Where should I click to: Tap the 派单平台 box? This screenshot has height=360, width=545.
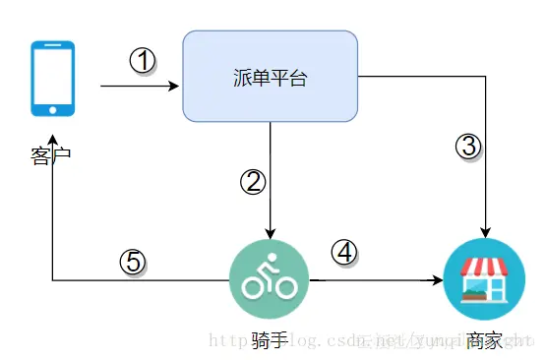pos(270,76)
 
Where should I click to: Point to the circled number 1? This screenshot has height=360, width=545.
pos(144,61)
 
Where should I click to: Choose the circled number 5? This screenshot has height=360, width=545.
pos(134,262)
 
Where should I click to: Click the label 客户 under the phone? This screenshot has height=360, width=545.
pos(51,154)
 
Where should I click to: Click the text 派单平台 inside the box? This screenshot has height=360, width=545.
pos(270,77)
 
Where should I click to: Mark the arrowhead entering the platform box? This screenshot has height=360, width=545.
pos(178,86)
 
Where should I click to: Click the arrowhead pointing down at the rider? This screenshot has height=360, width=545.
pos(269,233)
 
